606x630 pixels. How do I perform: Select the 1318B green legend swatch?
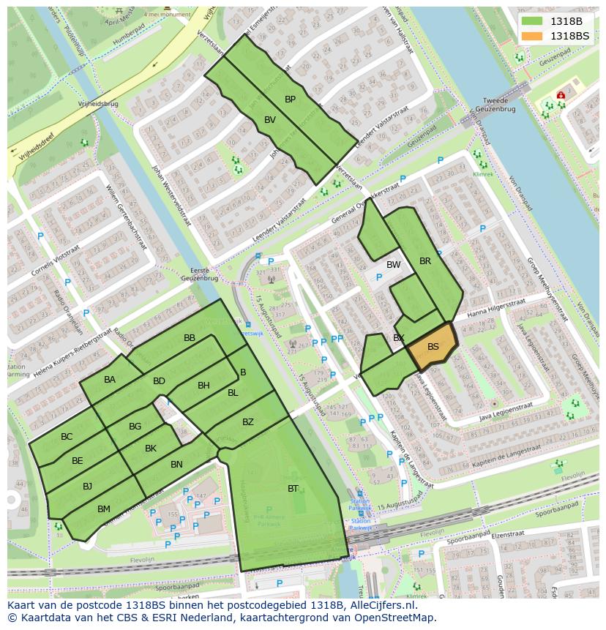(x=532, y=21)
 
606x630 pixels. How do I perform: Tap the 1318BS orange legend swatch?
(x=532, y=36)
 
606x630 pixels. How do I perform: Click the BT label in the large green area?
(x=293, y=488)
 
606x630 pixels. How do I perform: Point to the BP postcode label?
(x=290, y=99)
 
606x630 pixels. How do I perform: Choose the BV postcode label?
(x=270, y=120)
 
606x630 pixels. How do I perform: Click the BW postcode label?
(x=394, y=265)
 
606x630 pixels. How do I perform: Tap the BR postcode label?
(x=425, y=260)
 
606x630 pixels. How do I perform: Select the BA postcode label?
(x=110, y=379)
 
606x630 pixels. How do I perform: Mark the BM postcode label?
(x=104, y=509)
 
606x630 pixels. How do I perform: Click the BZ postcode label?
(x=248, y=422)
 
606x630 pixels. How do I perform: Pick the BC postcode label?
(x=67, y=437)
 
